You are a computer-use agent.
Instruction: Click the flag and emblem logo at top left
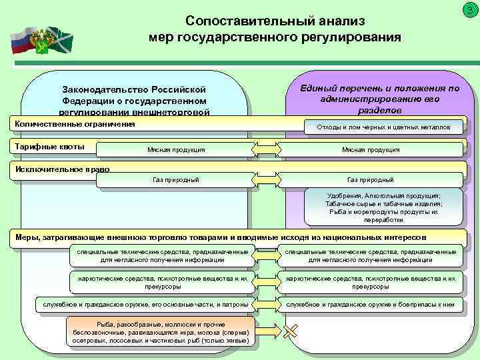pos(39,41)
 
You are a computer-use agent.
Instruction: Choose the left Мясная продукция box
pos(176,150)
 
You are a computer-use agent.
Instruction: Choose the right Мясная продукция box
pos(371,150)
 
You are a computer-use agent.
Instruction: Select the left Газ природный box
pos(176,180)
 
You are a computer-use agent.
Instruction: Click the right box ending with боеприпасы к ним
pos(371,305)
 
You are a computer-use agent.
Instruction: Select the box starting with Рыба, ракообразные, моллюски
pos(161,331)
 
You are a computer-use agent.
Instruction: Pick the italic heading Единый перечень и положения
pos(379,98)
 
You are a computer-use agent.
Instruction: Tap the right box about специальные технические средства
pos(371,255)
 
